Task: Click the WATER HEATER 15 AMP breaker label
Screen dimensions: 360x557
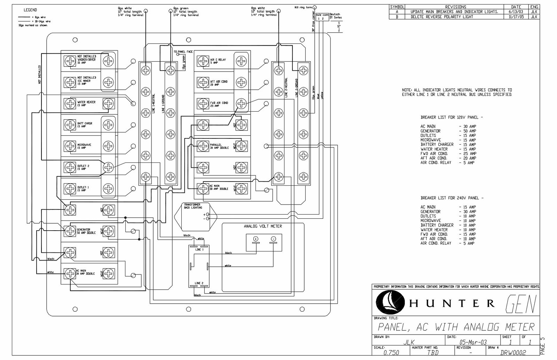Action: [x=86, y=104]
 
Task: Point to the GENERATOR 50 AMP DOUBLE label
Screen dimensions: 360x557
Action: [x=86, y=231]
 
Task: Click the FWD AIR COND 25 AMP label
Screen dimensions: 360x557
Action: [x=219, y=104]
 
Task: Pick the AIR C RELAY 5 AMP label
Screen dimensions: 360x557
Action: [x=218, y=61]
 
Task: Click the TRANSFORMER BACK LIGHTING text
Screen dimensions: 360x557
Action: [x=193, y=206]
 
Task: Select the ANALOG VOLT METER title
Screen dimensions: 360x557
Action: [x=263, y=226]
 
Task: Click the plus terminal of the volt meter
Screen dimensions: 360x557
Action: [x=256, y=239]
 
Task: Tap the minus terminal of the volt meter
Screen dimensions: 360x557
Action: [x=273, y=239]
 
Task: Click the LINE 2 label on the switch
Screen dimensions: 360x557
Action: [x=199, y=283]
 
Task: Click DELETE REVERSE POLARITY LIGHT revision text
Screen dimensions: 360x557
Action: [x=442, y=16]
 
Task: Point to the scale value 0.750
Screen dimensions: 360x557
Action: [x=391, y=352]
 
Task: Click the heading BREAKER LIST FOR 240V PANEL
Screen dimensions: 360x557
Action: [x=452, y=198]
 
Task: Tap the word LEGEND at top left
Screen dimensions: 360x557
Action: [x=30, y=10]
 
